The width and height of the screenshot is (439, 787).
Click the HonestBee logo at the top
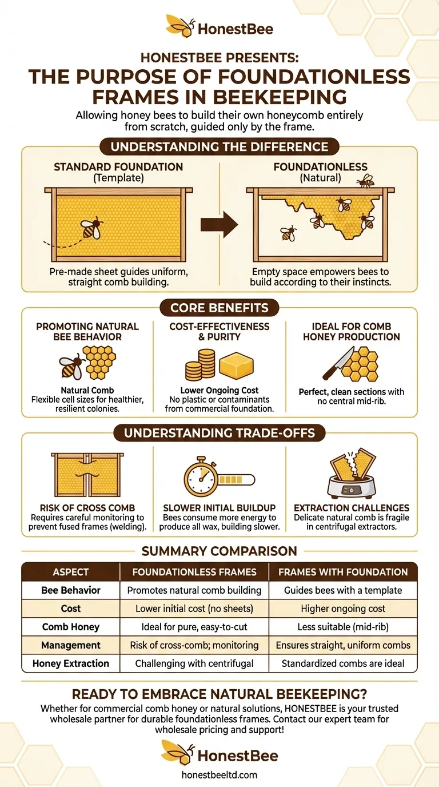tap(219, 27)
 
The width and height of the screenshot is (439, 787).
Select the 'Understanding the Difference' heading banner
tap(219, 146)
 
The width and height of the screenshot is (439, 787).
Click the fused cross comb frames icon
tap(87, 474)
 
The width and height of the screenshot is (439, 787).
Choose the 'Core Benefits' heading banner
tap(219, 308)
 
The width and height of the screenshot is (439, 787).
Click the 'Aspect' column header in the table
tap(70, 572)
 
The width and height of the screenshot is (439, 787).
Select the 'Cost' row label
tap(70, 609)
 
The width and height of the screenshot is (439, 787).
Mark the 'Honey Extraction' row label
tap(70, 663)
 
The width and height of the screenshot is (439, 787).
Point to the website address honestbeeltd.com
tap(219, 775)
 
